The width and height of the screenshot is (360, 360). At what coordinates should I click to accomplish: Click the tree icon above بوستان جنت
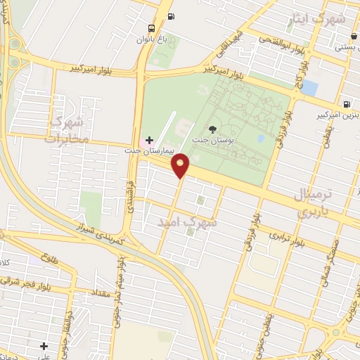(x=213, y=129)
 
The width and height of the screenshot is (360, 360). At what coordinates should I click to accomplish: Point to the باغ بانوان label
(x=152, y=40)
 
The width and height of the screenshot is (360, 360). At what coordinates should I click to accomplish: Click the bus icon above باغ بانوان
(x=151, y=28)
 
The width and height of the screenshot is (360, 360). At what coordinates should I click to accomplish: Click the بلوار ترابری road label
(x=290, y=239)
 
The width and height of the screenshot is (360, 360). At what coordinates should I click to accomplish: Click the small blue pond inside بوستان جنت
(x=261, y=139)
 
